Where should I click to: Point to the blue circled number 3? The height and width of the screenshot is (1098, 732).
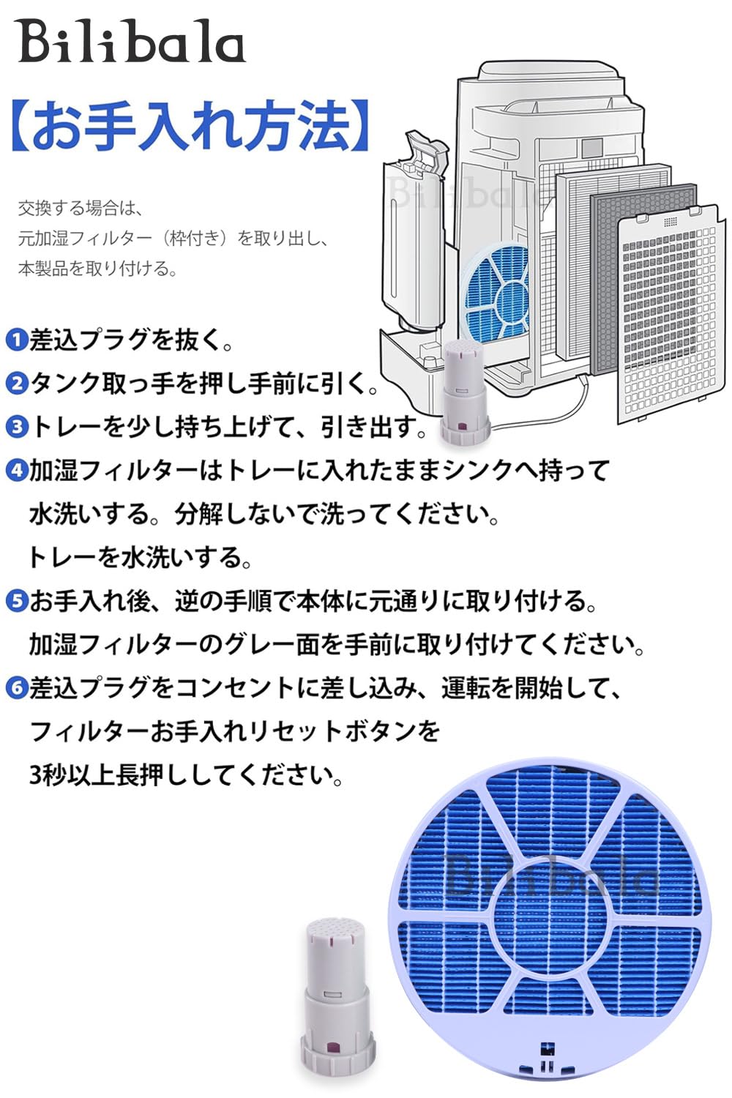[x=16, y=427]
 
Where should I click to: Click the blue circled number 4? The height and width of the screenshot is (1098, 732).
[x=16, y=470]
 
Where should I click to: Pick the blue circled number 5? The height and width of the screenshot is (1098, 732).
[x=16, y=601]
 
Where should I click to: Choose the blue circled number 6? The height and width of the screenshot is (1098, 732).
[x=16, y=688]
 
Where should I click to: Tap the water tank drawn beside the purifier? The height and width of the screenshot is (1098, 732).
[x=414, y=234]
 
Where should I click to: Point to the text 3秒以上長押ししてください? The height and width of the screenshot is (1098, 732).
[x=187, y=774]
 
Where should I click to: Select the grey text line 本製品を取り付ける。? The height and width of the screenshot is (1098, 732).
[x=98, y=269]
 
